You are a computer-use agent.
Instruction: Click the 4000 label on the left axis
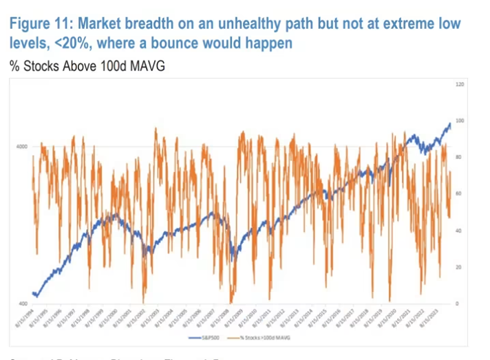coord(22,147)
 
